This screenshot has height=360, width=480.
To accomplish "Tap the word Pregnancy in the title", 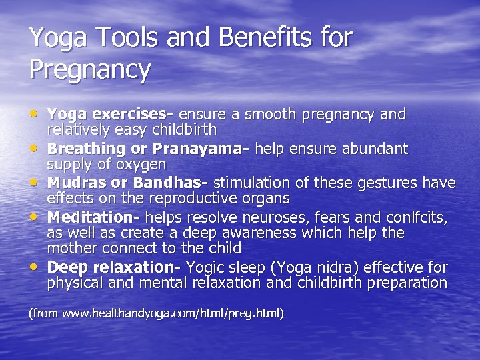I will (90, 69).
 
